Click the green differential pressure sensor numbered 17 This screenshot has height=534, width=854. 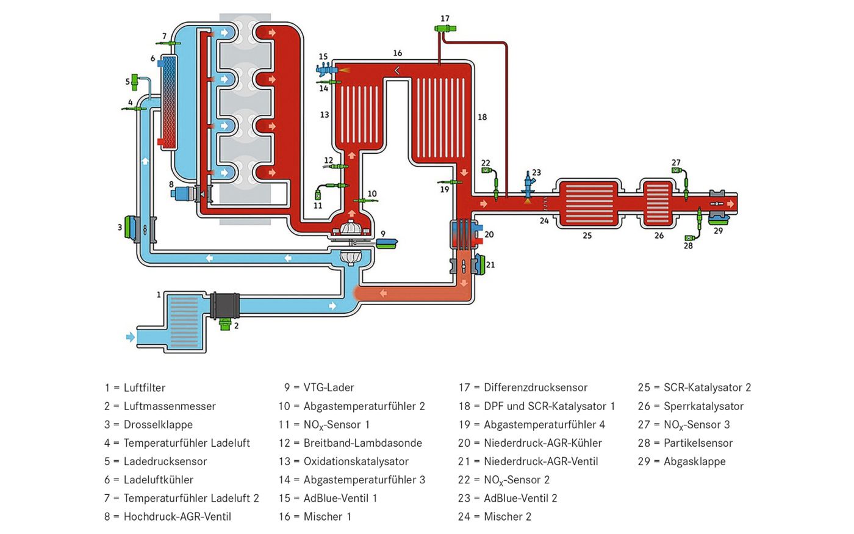click(445, 28)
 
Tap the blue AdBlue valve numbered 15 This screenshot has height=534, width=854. click(326, 70)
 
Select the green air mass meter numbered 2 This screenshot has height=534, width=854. click(225, 325)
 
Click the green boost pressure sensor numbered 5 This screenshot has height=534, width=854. click(134, 82)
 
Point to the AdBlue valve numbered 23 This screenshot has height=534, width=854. click(528, 186)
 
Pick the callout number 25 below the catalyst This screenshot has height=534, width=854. click(587, 236)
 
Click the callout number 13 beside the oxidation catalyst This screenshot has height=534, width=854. click(325, 115)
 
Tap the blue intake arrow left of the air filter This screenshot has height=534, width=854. click(131, 337)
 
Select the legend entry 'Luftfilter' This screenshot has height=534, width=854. click(145, 388)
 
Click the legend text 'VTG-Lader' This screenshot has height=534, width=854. click(329, 388)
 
